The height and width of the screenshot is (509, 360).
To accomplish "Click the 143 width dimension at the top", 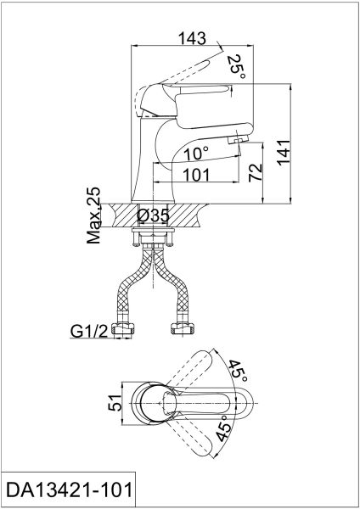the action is tap(192, 38).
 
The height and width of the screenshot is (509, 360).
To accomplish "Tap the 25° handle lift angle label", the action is tap(236, 67).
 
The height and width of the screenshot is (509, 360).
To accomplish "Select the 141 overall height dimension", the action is tap(284, 153).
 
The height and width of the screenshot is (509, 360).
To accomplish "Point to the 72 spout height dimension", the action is tap(255, 172).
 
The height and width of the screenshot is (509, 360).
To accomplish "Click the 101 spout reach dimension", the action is tap(197, 175).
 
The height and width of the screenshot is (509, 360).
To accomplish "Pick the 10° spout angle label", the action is tap(196, 154).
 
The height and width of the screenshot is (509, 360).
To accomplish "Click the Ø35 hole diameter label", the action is tap(153, 215).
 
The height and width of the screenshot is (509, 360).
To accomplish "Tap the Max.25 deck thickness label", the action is tap(94, 215).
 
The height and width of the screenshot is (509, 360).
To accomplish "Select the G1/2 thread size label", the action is tap(89, 331).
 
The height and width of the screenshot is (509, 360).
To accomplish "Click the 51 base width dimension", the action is tap(115, 403).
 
